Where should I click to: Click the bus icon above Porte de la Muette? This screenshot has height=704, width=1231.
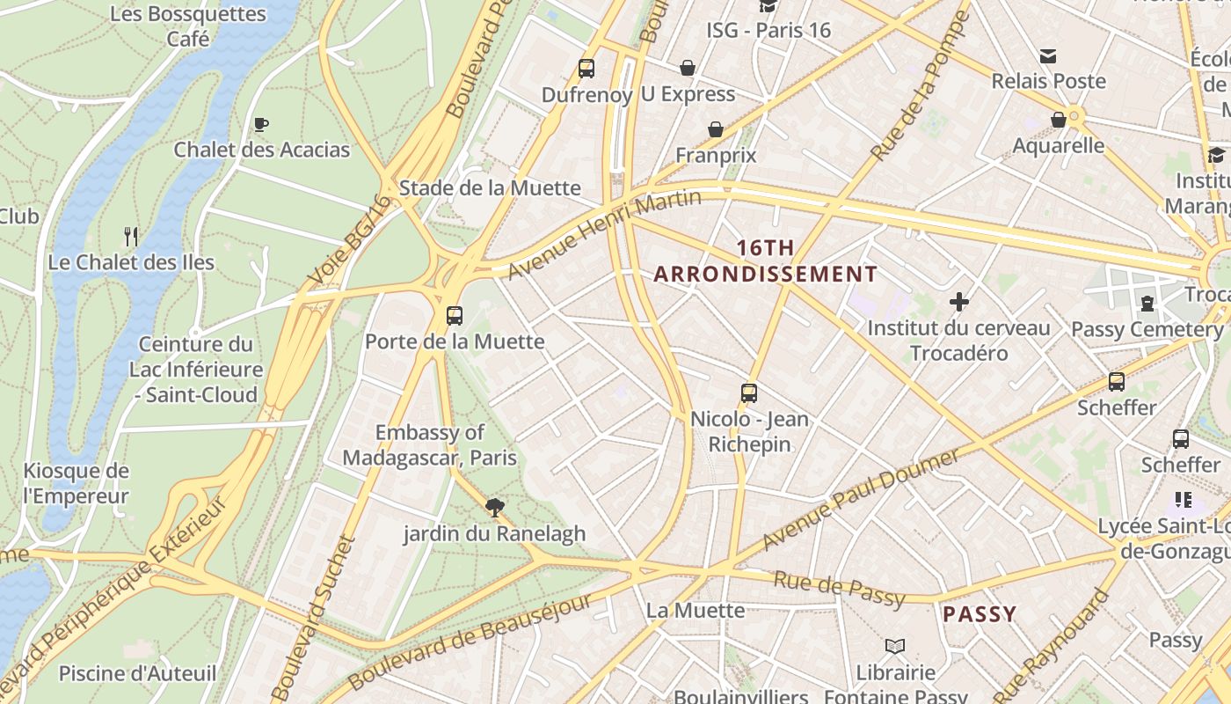pos(455,315)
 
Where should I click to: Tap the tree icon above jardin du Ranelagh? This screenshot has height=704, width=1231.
pos(494,507)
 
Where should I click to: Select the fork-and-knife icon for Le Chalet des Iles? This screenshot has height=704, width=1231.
pos(131,236)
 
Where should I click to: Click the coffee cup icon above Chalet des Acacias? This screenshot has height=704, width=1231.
pos(260,124)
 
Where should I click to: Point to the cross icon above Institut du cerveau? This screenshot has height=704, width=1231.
pos(958,302)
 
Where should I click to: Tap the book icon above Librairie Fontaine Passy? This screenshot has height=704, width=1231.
pos(895,647)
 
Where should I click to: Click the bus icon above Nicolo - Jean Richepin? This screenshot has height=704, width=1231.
pos(749,392)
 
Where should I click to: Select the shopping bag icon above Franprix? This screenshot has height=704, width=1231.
pos(716,129)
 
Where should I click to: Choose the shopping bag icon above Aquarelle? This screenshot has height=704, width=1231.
pos(1059,120)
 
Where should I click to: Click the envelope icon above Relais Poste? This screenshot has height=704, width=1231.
pos(1048,56)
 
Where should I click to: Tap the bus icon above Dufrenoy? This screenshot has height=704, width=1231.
pos(586,68)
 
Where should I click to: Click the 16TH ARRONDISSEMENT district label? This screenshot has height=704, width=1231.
pos(765,261)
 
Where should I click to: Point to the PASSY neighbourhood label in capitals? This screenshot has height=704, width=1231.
pos(979,614)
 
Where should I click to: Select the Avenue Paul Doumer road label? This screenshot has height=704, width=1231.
pos(862,498)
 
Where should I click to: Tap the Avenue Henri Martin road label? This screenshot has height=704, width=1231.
pos(605,234)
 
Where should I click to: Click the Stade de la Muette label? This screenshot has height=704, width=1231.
pos(490,187)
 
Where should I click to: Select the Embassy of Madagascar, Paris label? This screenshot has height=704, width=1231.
pos(429,445)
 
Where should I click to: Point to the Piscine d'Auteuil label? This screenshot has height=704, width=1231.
pos(137,674)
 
